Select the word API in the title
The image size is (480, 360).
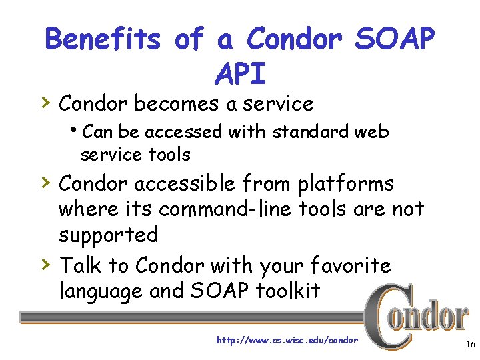pos(240,74)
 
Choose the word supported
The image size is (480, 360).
pos(109,236)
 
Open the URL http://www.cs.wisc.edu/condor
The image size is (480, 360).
pos(287,340)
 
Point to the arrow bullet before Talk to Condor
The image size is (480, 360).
pos(44,265)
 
